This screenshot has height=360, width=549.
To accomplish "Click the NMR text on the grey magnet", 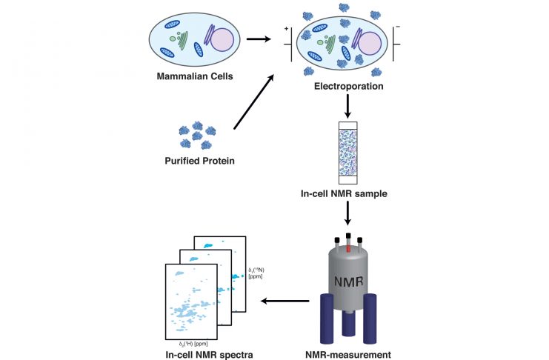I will tap(347, 282).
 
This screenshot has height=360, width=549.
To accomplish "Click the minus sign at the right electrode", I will tap(398, 27).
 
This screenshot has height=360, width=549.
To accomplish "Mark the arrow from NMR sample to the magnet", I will tap(347, 215).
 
